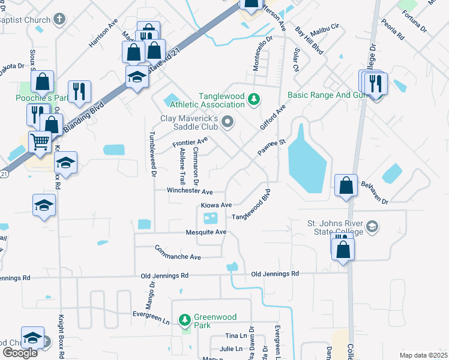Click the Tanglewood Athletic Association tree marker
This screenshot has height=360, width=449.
coord(254,98)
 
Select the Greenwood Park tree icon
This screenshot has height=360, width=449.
coord(185,319)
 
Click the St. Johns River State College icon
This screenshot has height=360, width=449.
coord(372,226)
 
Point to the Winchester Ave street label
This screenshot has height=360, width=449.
coord(190,191)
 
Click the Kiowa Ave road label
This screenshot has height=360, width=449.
coord(216,205)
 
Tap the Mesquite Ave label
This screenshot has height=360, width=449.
coord(206,232)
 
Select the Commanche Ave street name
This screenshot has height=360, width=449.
coord(178,253)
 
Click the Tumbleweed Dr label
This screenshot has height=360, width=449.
coord(154,154)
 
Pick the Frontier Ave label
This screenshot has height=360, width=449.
coord(190,143)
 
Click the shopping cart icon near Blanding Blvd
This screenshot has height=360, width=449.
coord(40,143)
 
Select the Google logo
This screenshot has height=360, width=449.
coord(20,353)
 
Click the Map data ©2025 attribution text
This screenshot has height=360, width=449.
coord(423,355)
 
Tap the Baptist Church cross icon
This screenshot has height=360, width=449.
coord(59,19)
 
